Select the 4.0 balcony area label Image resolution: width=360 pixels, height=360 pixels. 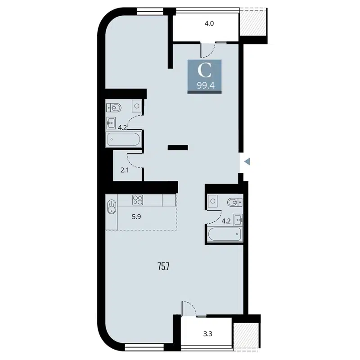click(209, 22)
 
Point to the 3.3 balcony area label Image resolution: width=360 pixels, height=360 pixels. click(207, 334)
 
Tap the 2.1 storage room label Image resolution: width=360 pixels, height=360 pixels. click(124, 170)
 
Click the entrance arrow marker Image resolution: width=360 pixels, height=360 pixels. click(247, 161)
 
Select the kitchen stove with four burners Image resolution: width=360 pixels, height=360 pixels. click(137, 199)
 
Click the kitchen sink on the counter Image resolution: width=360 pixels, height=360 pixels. click(112, 207)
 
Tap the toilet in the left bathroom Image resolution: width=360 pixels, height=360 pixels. click(115, 107)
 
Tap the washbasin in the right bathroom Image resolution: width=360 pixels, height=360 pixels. click(238, 219)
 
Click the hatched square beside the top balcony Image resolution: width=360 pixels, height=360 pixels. click(254, 22)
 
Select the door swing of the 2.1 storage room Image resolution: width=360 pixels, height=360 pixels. click(135, 158)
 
